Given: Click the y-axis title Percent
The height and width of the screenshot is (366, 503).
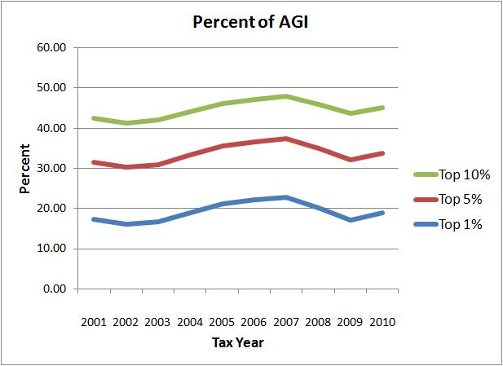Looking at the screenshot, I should (25, 170).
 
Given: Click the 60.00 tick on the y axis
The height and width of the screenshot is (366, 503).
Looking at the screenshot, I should (51, 47).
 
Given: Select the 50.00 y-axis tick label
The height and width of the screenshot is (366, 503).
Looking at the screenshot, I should (51, 87).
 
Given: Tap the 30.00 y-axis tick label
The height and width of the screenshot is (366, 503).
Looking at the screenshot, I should (51, 168).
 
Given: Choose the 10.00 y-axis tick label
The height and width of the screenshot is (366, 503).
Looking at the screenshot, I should (51, 249).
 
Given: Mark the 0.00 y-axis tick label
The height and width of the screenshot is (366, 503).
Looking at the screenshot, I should (54, 289).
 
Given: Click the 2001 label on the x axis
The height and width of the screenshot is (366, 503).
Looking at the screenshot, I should (95, 322).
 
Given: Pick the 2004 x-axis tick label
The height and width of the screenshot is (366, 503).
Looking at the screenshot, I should (190, 322).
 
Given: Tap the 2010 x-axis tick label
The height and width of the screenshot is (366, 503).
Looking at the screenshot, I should (382, 322).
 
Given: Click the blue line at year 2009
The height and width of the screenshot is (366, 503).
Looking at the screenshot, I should (350, 220).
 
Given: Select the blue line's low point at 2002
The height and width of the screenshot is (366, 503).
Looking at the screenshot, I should (126, 224).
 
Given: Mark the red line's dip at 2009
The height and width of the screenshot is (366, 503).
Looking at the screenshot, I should (350, 160).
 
